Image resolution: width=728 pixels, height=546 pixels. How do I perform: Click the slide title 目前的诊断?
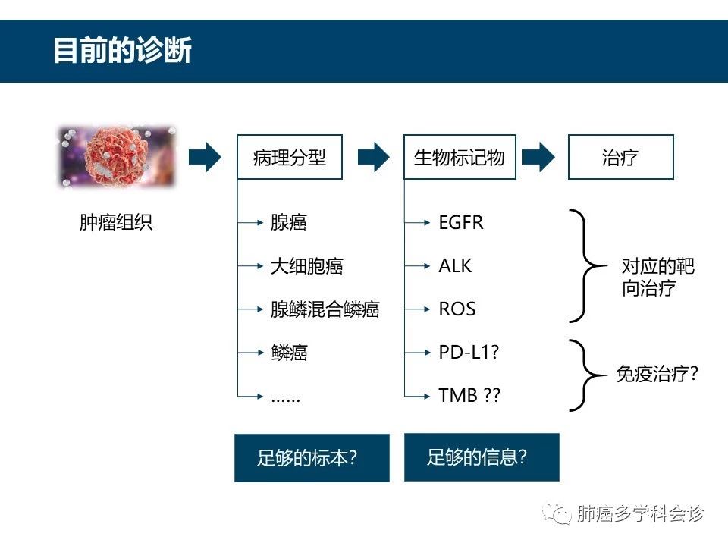coord(122,51)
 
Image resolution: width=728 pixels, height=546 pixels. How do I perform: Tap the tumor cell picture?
coord(117,157)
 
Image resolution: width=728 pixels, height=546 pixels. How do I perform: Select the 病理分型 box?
coord(289,158)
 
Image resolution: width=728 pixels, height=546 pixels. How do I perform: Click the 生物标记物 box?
coord(459,158)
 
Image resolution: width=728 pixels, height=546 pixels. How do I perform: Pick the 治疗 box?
coord(620,158)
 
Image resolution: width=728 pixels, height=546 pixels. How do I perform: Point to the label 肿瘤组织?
coord(116,223)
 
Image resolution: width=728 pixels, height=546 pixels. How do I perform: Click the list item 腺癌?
coord(288,223)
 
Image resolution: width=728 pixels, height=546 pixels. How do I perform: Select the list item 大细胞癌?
coord(306,266)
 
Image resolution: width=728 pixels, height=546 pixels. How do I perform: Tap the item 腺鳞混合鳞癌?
coord(325,309)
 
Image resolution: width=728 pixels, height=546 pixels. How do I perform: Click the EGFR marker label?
coord(460,223)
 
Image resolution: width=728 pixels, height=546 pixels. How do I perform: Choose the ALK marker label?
coord(455,266)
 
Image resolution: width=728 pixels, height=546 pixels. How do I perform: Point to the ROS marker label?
coord(457,309)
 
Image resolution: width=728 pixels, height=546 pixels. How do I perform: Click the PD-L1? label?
coord(469,353)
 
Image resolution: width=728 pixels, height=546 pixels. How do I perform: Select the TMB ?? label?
coord(469,396)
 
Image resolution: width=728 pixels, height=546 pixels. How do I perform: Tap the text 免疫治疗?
coord(657,374)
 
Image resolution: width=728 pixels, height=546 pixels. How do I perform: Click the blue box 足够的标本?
coord(311,458)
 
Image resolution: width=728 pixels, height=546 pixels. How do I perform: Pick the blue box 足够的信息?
coord(481,457)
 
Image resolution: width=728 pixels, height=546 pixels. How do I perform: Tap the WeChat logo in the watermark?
coord(560,514)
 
